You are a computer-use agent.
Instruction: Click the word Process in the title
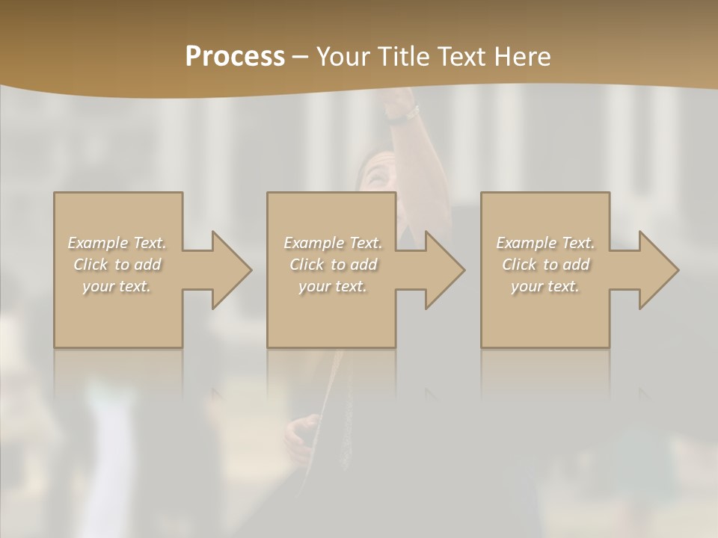(235, 57)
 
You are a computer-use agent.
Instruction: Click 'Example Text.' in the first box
(117, 243)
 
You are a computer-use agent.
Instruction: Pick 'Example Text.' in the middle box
(333, 243)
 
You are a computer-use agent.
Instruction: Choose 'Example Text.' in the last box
(545, 243)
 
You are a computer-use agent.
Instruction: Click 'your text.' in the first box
(117, 286)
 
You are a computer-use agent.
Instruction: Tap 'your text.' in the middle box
(333, 286)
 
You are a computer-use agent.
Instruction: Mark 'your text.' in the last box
(545, 286)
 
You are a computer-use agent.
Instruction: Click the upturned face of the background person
(376, 176)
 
